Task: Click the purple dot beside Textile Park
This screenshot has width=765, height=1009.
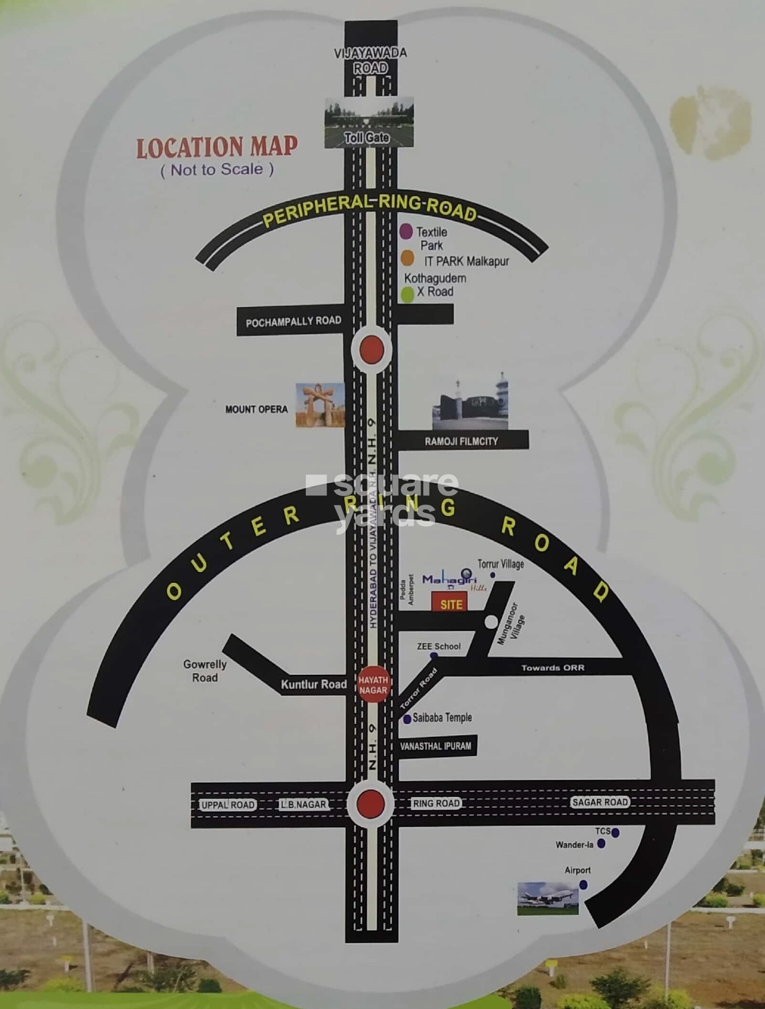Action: tap(406, 232)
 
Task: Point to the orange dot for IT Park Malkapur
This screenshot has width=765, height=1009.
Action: tap(407, 259)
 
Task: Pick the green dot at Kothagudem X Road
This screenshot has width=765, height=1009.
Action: tap(407, 294)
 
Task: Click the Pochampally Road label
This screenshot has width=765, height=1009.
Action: tap(293, 321)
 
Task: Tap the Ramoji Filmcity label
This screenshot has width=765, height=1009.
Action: tap(462, 441)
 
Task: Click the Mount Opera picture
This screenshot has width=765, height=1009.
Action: tap(320, 405)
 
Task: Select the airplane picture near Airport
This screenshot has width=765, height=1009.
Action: tap(548, 898)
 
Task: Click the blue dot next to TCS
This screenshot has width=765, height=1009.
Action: tap(615, 833)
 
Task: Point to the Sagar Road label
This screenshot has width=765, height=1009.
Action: tap(600, 802)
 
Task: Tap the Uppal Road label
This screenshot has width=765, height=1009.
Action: tap(228, 805)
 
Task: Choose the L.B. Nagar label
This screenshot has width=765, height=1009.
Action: tap(303, 805)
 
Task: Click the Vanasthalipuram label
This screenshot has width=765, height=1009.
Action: tap(435, 745)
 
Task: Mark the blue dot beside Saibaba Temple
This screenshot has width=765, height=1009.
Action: tap(407, 719)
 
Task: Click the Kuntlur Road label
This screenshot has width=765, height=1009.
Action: tap(313, 684)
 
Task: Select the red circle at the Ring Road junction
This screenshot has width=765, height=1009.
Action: tap(371, 803)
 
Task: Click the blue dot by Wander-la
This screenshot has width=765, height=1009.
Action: tap(602, 844)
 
